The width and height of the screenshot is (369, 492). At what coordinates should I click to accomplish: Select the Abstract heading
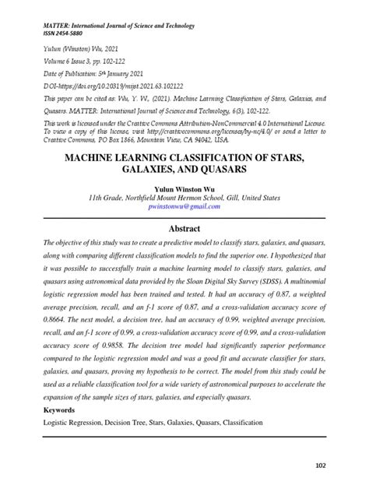pos(184,228)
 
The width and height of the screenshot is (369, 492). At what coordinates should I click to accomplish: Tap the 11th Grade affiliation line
pos(184,199)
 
